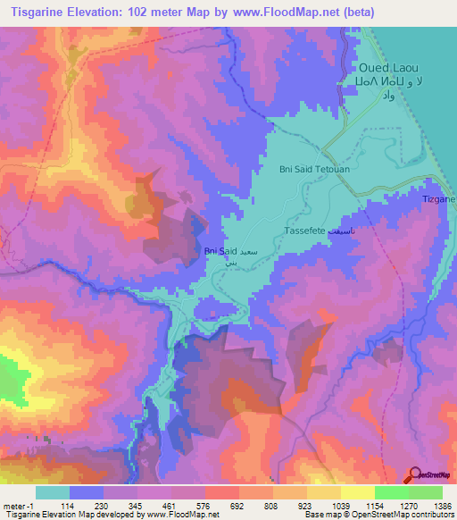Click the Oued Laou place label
(389, 68)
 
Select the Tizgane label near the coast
(439, 198)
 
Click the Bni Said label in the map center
(220, 252)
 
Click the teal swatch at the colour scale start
(52, 492)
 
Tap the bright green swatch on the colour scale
(391, 492)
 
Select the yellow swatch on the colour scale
(357, 492)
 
